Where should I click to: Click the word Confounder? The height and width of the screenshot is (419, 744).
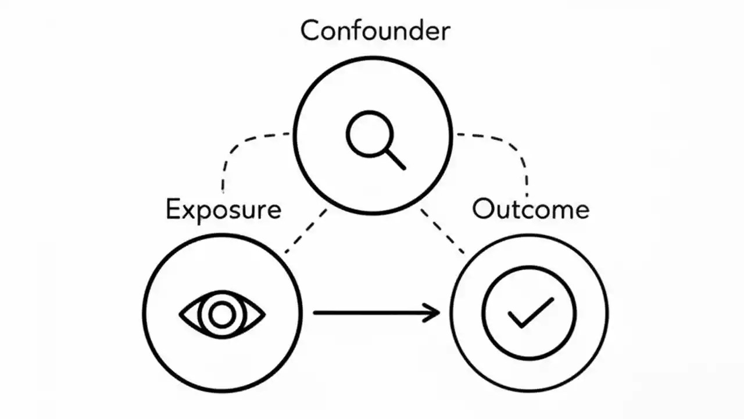[x=375, y=30]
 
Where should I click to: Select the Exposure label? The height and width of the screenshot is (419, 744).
[x=223, y=210]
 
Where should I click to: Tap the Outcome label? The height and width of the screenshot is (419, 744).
[x=530, y=210]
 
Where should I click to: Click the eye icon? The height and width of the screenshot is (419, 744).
[x=221, y=315]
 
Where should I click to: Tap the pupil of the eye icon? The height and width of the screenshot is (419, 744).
[x=221, y=315]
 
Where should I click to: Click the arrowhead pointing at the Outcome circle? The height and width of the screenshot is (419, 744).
[x=433, y=313]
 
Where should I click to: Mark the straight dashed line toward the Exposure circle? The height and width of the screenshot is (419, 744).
[x=305, y=231]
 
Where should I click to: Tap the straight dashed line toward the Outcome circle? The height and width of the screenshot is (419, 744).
[x=442, y=231]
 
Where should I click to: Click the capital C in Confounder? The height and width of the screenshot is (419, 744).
[x=312, y=30]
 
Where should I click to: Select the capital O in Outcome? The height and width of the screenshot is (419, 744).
[x=484, y=210]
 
